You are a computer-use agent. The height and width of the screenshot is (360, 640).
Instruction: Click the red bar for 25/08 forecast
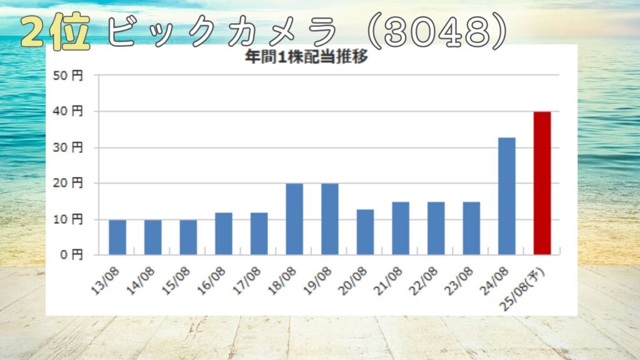tap(542, 183)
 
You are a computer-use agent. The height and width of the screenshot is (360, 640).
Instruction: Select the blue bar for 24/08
tap(507, 196)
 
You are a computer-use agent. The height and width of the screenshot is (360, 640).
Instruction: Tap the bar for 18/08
tap(294, 219)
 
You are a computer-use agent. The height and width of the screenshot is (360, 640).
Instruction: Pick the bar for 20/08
tap(365, 232)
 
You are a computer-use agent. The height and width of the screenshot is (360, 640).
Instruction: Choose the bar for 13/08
tap(117, 237)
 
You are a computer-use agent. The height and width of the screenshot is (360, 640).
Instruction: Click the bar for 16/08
tap(224, 234)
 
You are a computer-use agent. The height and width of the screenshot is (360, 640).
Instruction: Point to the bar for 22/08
tap(436, 228)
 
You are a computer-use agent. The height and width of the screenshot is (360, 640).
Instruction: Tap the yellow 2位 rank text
tap(56, 31)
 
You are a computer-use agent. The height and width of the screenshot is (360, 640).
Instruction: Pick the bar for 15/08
tap(188, 237)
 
